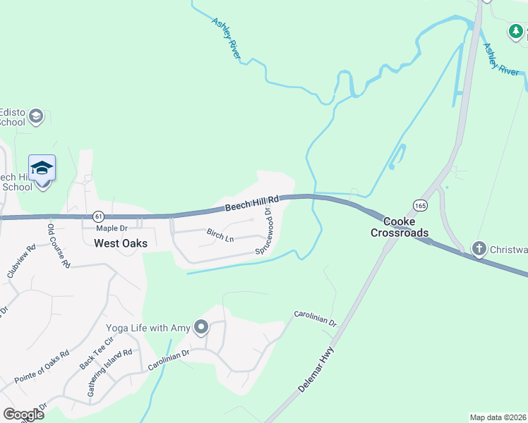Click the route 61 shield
pos(97,216)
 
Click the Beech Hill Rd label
pos(252,204)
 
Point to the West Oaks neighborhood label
pos(121,243)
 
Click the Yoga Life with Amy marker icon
pos(202,327)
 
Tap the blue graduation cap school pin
pos(42,168)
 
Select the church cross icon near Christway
pos(479,247)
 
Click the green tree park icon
pos(516,31)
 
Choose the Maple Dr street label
pos(112,228)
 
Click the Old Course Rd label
pos(59,245)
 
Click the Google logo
pos(23,415)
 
